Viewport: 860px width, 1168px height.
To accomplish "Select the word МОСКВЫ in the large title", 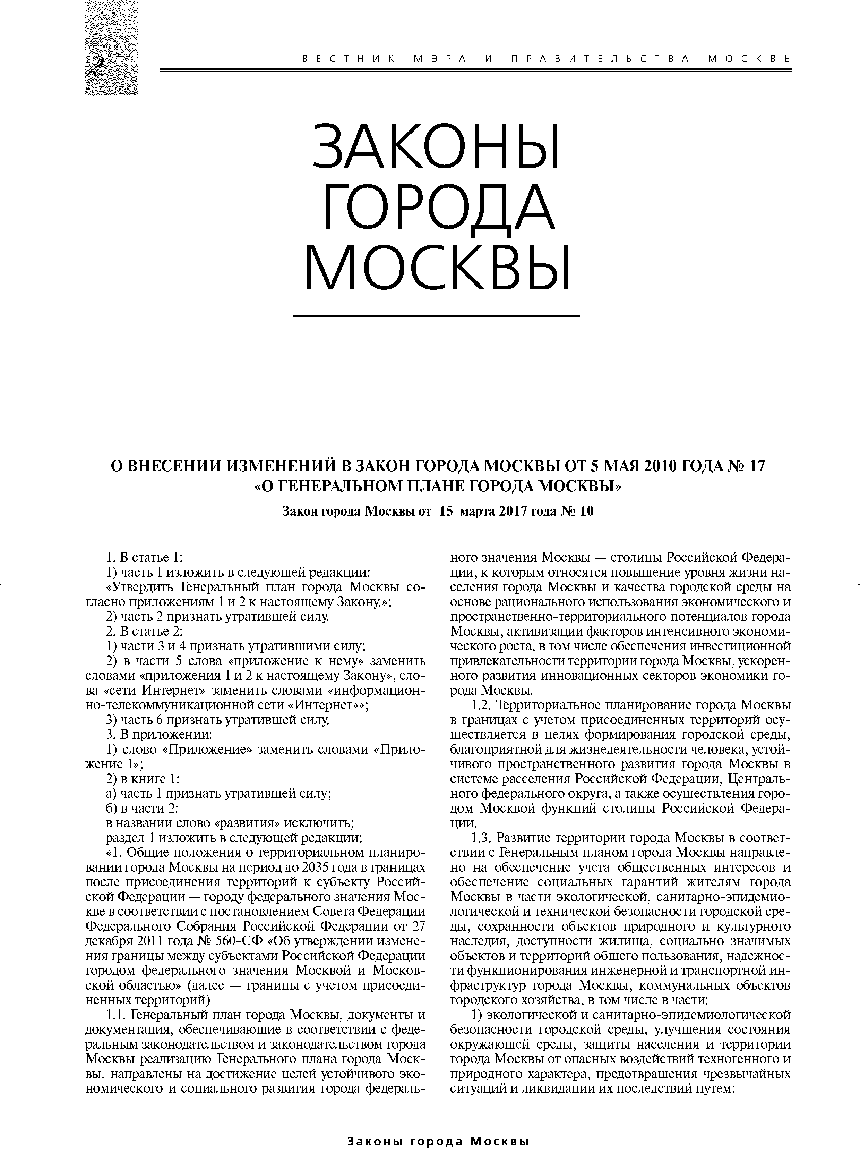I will [437, 269].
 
